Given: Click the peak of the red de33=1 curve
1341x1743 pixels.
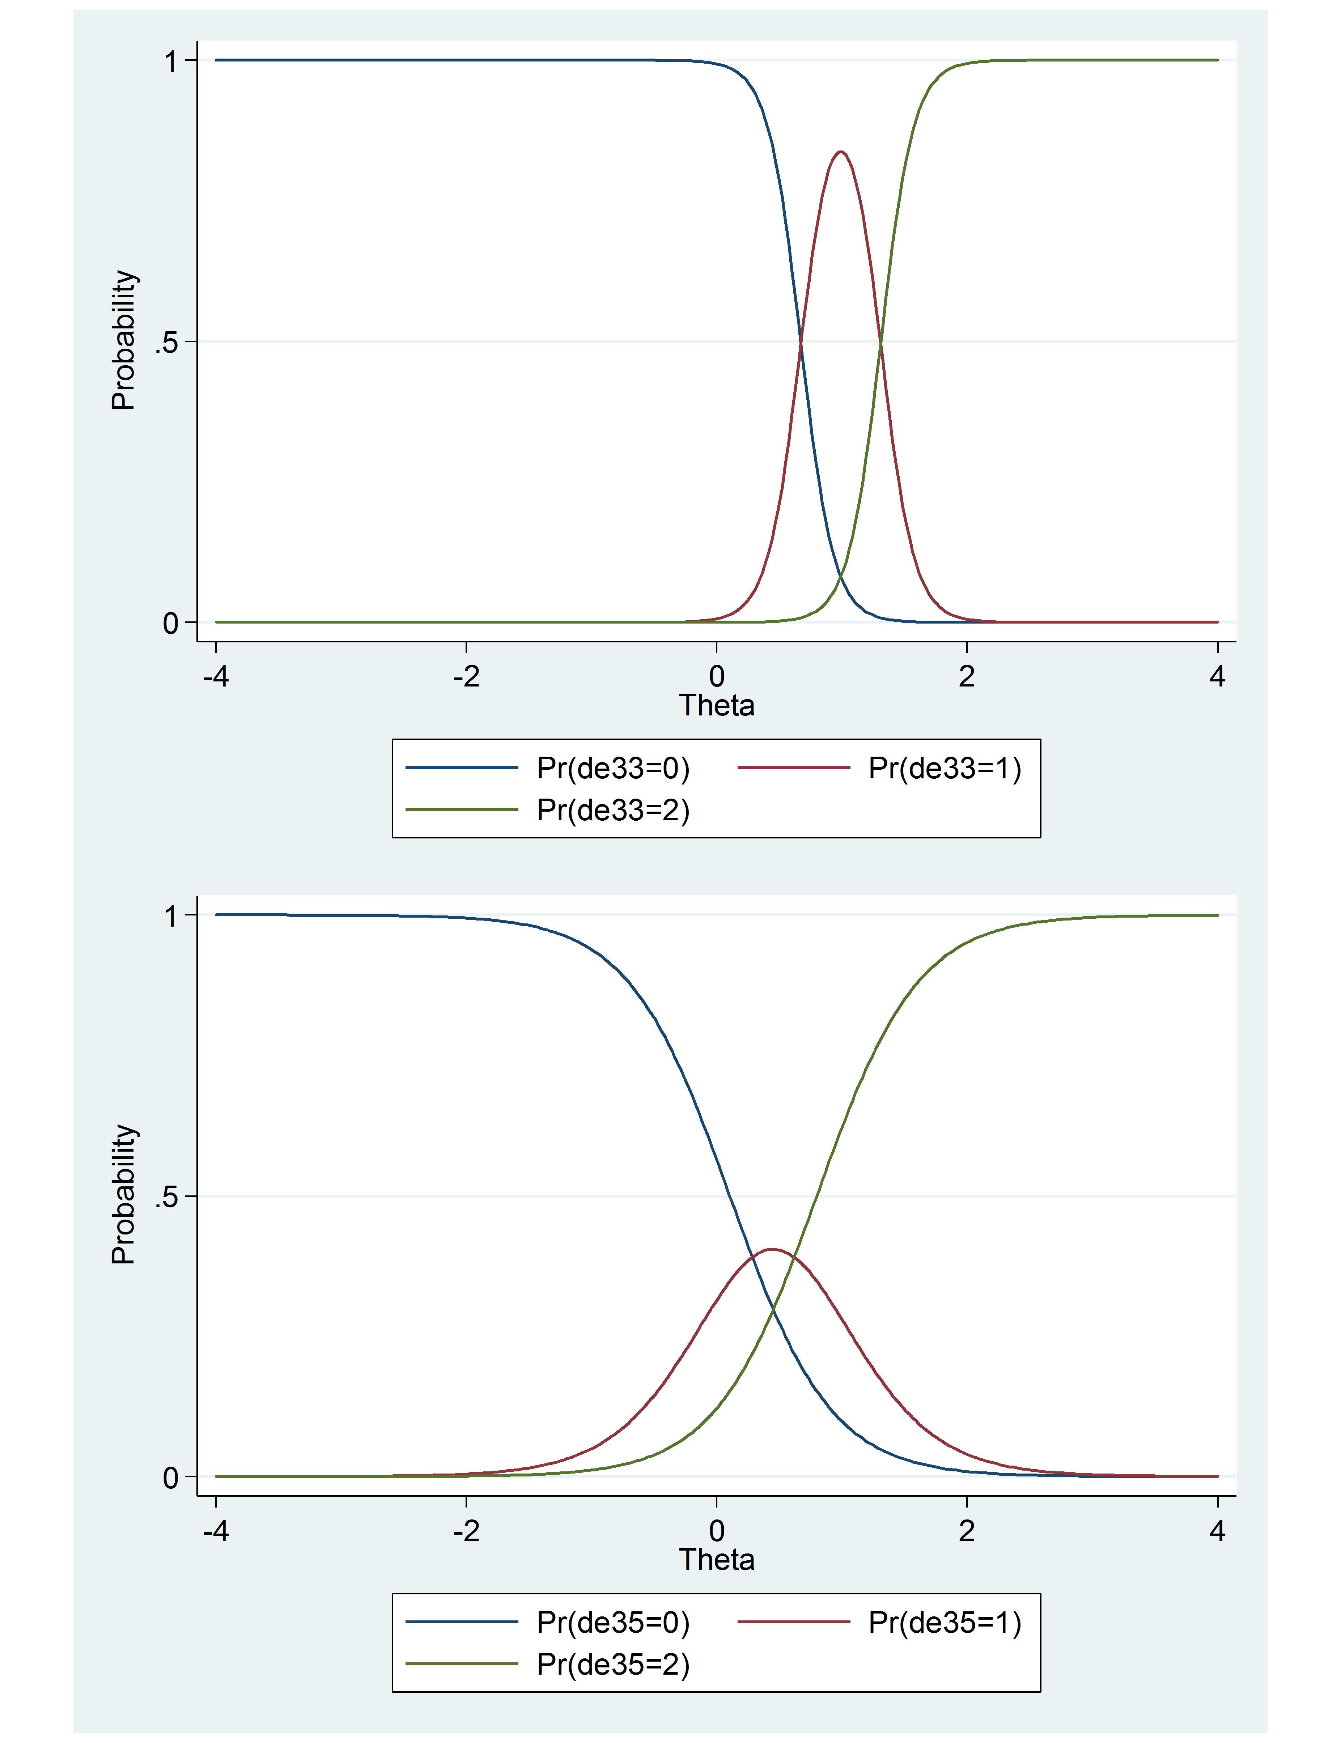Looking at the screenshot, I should (x=840, y=152).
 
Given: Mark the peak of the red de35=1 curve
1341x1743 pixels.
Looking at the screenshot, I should (x=772, y=1250).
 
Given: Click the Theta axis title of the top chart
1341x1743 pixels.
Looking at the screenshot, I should (x=716, y=706).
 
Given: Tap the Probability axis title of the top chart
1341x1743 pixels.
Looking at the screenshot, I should (x=124, y=341).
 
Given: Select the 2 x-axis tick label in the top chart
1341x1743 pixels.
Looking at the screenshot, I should (x=967, y=677).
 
